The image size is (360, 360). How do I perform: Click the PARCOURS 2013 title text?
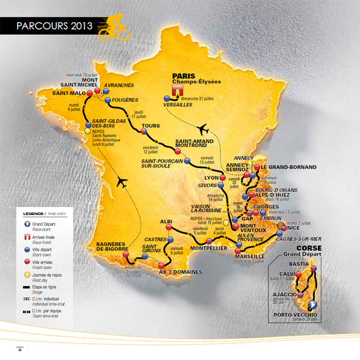54,26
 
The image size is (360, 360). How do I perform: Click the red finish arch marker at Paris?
178,90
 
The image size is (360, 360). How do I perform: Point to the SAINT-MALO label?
68,93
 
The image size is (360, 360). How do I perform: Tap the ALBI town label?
166,221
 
